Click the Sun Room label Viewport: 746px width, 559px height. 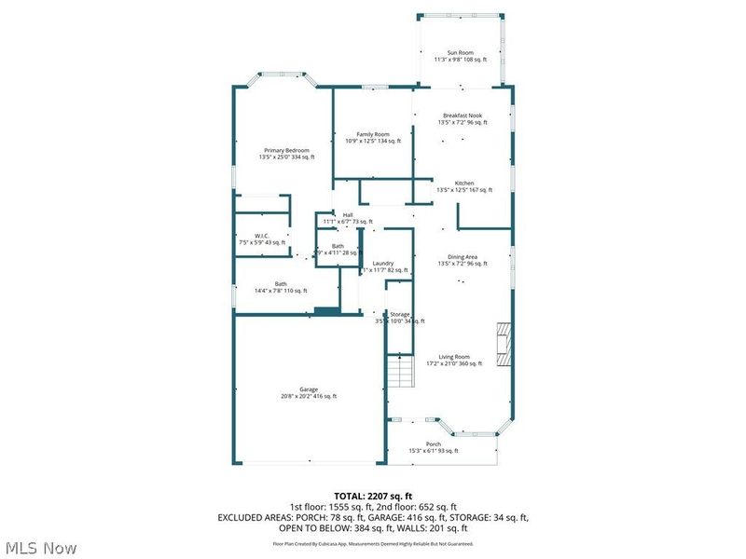tap(461, 52)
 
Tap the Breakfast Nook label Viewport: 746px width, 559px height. tap(463, 116)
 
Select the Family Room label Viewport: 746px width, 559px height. tap(373, 134)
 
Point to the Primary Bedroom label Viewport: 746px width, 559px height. tap(286, 150)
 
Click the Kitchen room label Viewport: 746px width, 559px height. tap(464, 183)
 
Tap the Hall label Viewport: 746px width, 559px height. tap(348, 215)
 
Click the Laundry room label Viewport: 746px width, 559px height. tap(383, 264)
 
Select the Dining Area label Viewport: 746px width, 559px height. tap(463, 257)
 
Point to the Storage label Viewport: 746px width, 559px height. tap(400, 315)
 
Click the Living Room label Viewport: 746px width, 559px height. tap(455, 356)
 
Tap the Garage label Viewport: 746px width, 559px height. tap(309, 389)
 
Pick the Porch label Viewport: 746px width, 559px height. tap(434, 444)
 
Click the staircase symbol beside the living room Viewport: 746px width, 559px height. tap(400, 373)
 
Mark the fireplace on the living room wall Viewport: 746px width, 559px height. tap(504, 345)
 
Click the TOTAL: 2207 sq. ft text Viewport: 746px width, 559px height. tap(372, 496)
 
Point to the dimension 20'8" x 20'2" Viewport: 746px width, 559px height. tap(309, 396)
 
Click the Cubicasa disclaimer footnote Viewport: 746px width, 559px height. tap(372, 543)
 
